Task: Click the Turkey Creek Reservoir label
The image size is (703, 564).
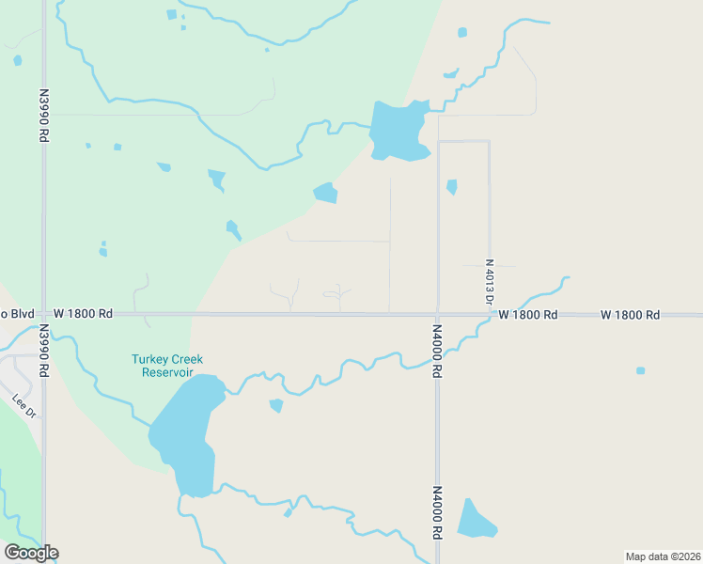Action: (x=166, y=366)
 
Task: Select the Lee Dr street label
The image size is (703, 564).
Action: (x=24, y=406)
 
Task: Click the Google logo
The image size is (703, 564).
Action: (x=31, y=553)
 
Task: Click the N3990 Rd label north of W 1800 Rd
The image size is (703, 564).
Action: (x=44, y=116)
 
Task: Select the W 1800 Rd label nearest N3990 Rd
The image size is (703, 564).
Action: (x=83, y=313)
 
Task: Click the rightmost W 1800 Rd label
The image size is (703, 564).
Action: (x=630, y=314)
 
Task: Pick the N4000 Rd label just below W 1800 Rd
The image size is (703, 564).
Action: (x=437, y=351)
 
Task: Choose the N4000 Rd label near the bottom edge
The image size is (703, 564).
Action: (x=437, y=511)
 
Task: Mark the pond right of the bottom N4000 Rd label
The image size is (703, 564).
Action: (x=475, y=520)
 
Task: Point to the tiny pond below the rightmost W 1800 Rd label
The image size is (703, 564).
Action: (x=641, y=370)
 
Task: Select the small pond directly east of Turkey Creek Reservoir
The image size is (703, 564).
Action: (x=276, y=405)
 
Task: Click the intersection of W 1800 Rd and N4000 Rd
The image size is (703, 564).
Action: (x=437, y=314)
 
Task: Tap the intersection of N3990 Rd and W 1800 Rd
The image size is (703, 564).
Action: (x=43, y=314)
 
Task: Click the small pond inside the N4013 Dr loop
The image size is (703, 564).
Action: (x=452, y=186)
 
